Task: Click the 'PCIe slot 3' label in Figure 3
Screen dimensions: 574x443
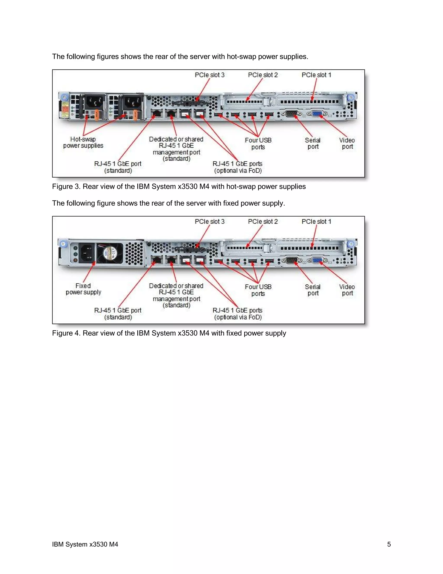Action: [x=209, y=75]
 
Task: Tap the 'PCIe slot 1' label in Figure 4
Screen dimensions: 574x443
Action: [x=316, y=222]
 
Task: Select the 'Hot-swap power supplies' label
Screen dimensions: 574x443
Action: [x=83, y=143]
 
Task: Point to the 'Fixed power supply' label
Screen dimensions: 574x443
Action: [x=83, y=289]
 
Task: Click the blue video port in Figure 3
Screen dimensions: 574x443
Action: [x=317, y=114]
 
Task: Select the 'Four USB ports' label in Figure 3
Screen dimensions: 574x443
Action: [x=258, y=143]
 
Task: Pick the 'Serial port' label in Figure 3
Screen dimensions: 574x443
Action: [x=313, y=143]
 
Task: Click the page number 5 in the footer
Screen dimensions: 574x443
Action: [x=389, y=544]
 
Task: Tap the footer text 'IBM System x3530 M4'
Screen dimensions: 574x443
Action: [x=85, y=544]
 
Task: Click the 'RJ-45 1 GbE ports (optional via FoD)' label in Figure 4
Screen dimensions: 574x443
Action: [x=238, y=314]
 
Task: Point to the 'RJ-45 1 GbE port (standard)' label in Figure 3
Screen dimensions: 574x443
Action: [x=118, y=167]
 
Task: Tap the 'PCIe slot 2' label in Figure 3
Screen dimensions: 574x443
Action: [x=263, y=75]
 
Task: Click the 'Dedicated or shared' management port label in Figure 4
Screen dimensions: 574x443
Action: [x=176, y=286]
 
